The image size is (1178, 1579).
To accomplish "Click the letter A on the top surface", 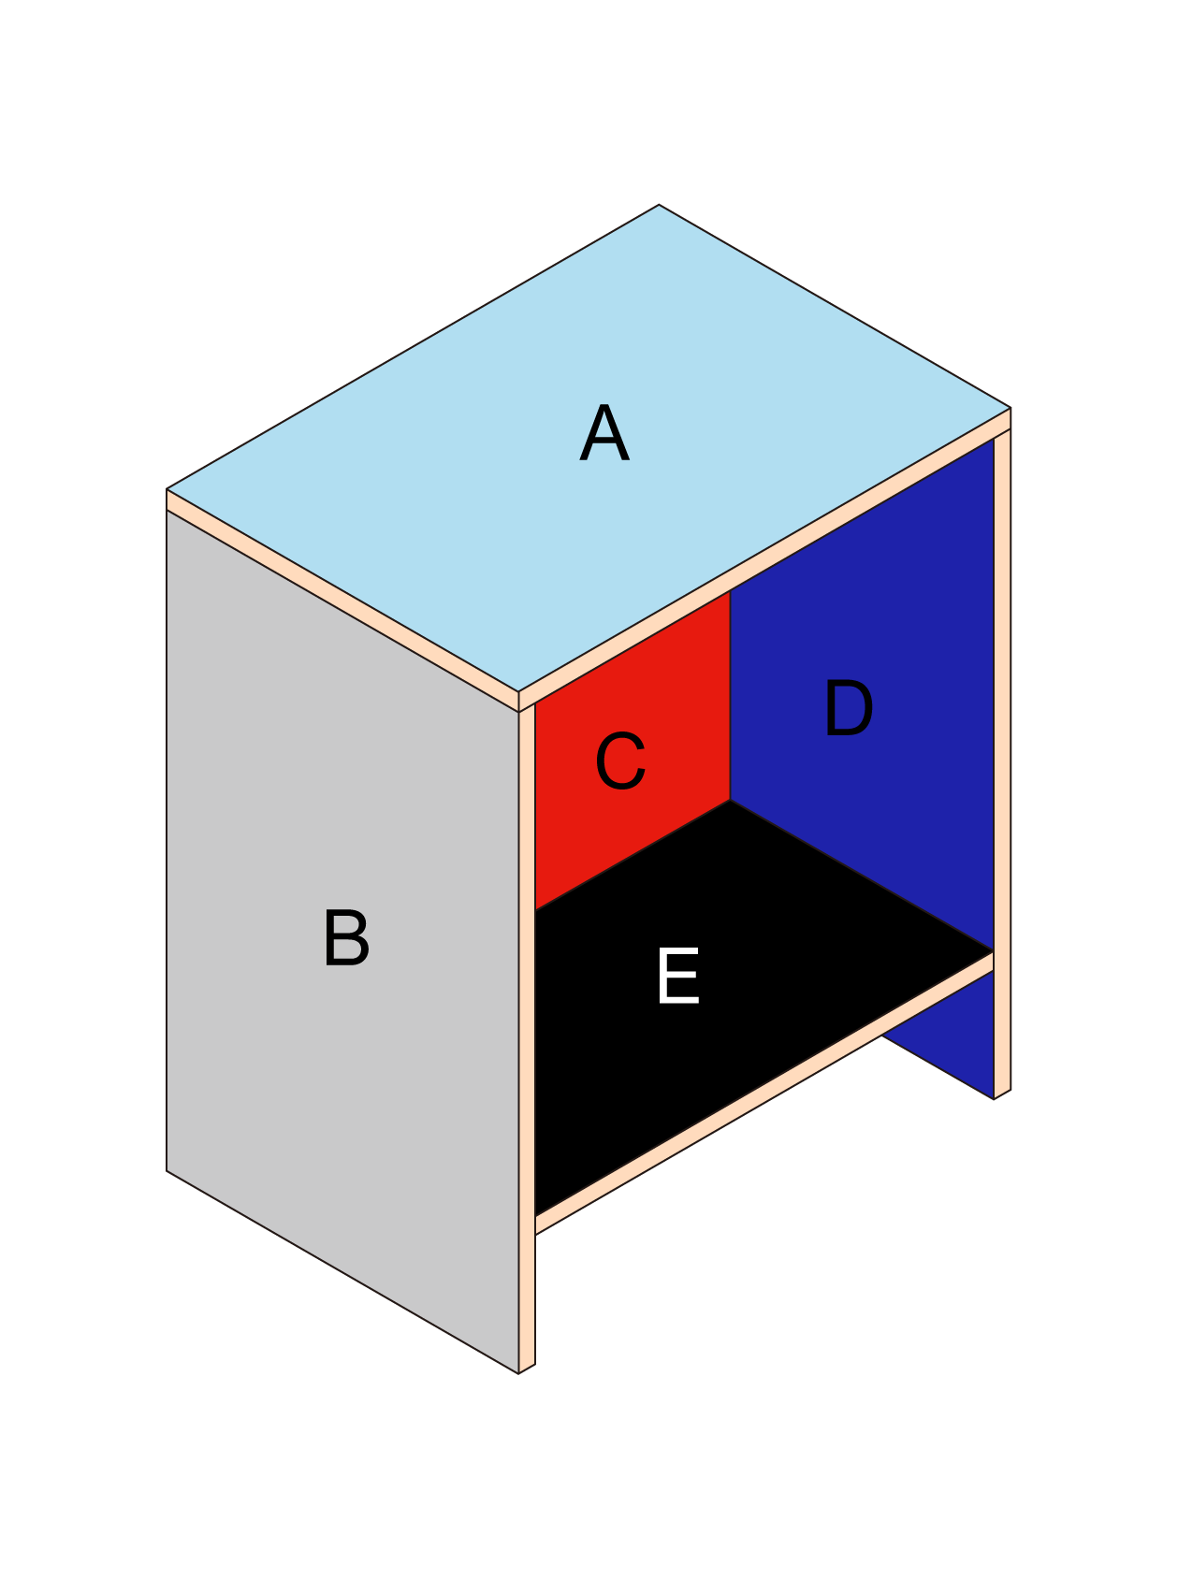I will pos(604,434).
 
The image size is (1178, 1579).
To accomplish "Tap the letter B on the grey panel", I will pos(346,938).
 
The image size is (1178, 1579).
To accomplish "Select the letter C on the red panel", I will pos(620,761).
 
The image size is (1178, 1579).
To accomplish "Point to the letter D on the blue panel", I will pos(848,710).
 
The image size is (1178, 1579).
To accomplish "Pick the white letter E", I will pos(678,977).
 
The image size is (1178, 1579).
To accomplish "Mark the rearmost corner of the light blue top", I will pos(659,206).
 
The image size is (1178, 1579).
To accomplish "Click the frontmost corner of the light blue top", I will pos(519,692).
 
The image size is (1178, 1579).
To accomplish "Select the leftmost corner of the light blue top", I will pos(168,489).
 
